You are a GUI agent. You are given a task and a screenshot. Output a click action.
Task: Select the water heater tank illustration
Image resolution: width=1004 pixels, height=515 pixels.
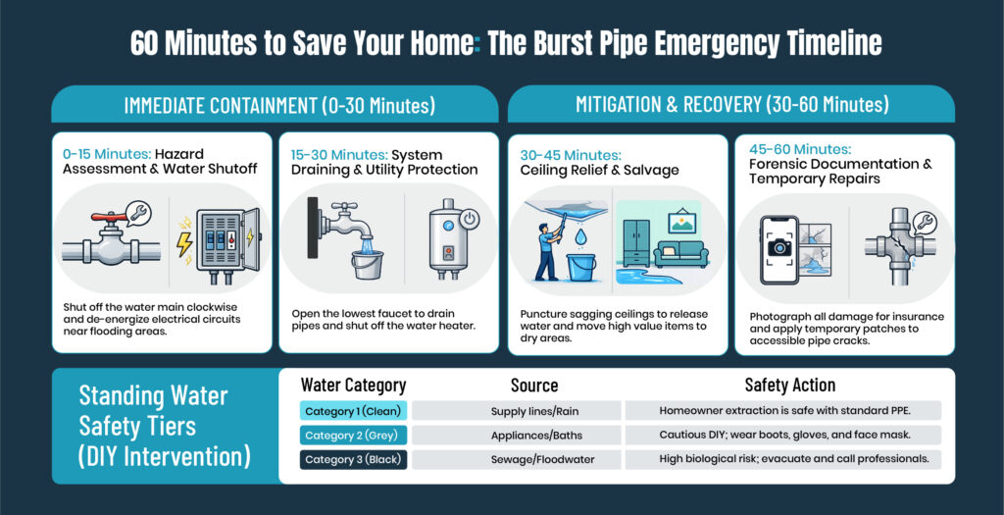pos(448,242)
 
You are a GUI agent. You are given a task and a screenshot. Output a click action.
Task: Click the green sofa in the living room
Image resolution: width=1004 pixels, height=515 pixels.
pos(680,253)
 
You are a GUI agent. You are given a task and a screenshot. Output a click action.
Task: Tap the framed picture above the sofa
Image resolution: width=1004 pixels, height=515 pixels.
pos(682,221)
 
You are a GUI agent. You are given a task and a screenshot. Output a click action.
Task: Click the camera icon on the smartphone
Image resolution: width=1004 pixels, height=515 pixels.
pos(779,246)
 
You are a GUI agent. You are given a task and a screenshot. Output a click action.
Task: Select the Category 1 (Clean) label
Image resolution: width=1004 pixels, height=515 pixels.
pos(353,411)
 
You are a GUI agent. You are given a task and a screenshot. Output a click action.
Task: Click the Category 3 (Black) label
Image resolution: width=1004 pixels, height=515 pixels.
pos(353,459)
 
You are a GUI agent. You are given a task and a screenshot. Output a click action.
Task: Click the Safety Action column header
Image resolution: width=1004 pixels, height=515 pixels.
pos(790,385)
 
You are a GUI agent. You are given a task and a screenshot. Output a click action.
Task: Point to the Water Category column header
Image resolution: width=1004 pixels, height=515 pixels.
pos(353,385)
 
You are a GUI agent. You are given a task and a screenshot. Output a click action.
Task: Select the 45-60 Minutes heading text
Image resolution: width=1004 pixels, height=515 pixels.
pos(800,149)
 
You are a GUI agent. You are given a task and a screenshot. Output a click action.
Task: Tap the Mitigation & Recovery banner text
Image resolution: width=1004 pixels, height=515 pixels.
pos(731,104)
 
